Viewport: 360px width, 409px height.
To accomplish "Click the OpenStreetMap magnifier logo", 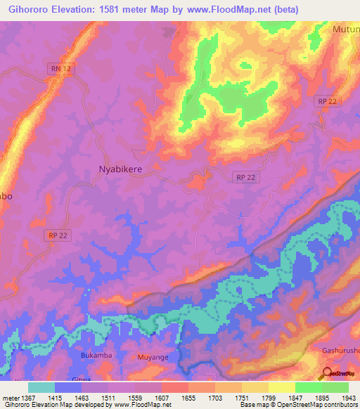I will [x=326, y=373].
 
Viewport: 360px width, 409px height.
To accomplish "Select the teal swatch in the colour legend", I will [x=41, y=387].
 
